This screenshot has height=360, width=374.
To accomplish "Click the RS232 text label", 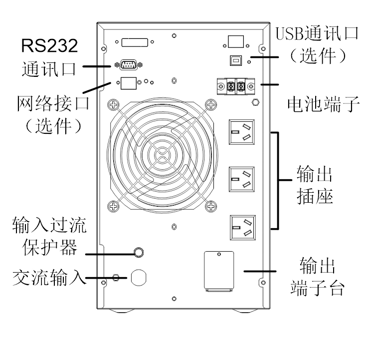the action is tap(49, 45).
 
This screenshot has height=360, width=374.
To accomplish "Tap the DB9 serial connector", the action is tap(129, 65).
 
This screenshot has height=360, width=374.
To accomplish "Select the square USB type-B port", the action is tap(236, 60).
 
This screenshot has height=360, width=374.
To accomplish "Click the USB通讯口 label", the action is tap(317, 33).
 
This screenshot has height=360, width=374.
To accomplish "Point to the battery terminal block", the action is tap(236, 86).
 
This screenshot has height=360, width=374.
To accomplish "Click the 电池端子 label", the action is tap(324, 104).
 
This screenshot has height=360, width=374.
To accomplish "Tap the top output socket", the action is tap(242, 132).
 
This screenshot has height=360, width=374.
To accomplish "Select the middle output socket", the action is tap(242, 179).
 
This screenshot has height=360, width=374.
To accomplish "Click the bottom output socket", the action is tap(243, 228).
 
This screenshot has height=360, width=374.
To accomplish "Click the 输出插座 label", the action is tap(315, 185).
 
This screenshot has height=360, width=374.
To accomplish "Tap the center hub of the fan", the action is tap(162, 155).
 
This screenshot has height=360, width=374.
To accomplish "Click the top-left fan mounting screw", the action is tap(114, 105).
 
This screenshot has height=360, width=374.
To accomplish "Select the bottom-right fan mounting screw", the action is tap(211, 206).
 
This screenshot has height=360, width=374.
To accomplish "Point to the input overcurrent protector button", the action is tap(139, 252).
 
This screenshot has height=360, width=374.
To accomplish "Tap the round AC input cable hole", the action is tap(139, 277).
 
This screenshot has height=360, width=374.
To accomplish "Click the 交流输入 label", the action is tap(49, 277).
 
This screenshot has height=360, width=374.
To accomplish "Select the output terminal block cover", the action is tap(219, 271).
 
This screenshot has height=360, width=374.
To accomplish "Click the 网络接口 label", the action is tap(53, 103).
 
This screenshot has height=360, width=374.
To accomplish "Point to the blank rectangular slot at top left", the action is tap(135, 42).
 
